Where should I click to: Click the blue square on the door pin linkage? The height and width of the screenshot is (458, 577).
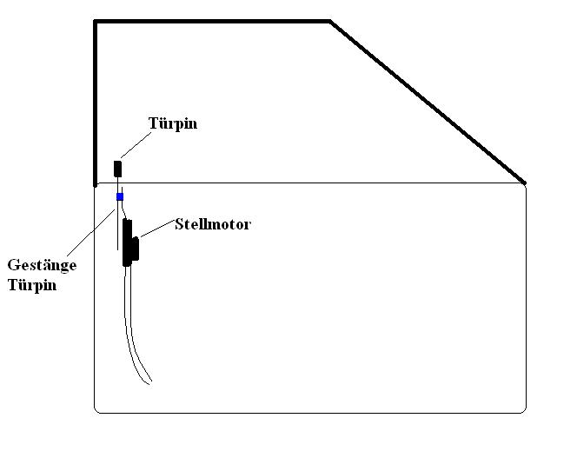[120, 197]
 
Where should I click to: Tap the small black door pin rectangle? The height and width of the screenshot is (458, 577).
[118, 169]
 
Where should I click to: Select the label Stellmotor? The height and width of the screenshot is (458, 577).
[212, 224]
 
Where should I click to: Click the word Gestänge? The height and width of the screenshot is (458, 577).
[42, 266]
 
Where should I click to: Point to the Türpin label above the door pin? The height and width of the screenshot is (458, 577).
[173, 123]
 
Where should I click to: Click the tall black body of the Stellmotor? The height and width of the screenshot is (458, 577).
[127, 242]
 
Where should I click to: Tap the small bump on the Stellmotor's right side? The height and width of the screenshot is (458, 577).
[136, 248]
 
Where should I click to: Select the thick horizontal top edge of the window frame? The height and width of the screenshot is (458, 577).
[212, 21]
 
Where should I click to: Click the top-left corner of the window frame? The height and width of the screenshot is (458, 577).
[96, 22]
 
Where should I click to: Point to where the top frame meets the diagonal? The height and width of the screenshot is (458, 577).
[330, 21]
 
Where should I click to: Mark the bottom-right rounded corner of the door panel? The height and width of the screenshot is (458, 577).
[522, 408]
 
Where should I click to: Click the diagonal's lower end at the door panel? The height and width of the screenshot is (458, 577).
[524, 183]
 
